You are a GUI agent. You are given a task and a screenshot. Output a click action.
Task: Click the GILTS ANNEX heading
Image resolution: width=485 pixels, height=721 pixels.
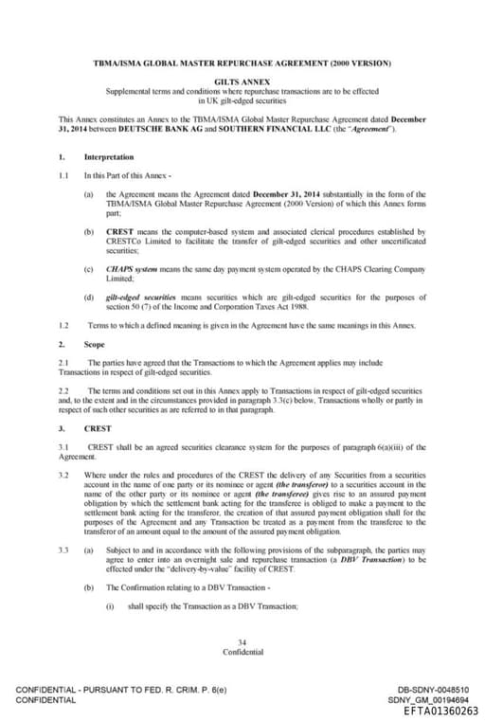tap(242, 83)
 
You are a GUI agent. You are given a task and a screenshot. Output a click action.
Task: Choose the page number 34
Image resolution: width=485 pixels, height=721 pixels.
tap(242, 642)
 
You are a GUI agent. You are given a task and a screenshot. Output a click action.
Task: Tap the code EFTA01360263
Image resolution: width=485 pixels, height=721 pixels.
tap(440, 711)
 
